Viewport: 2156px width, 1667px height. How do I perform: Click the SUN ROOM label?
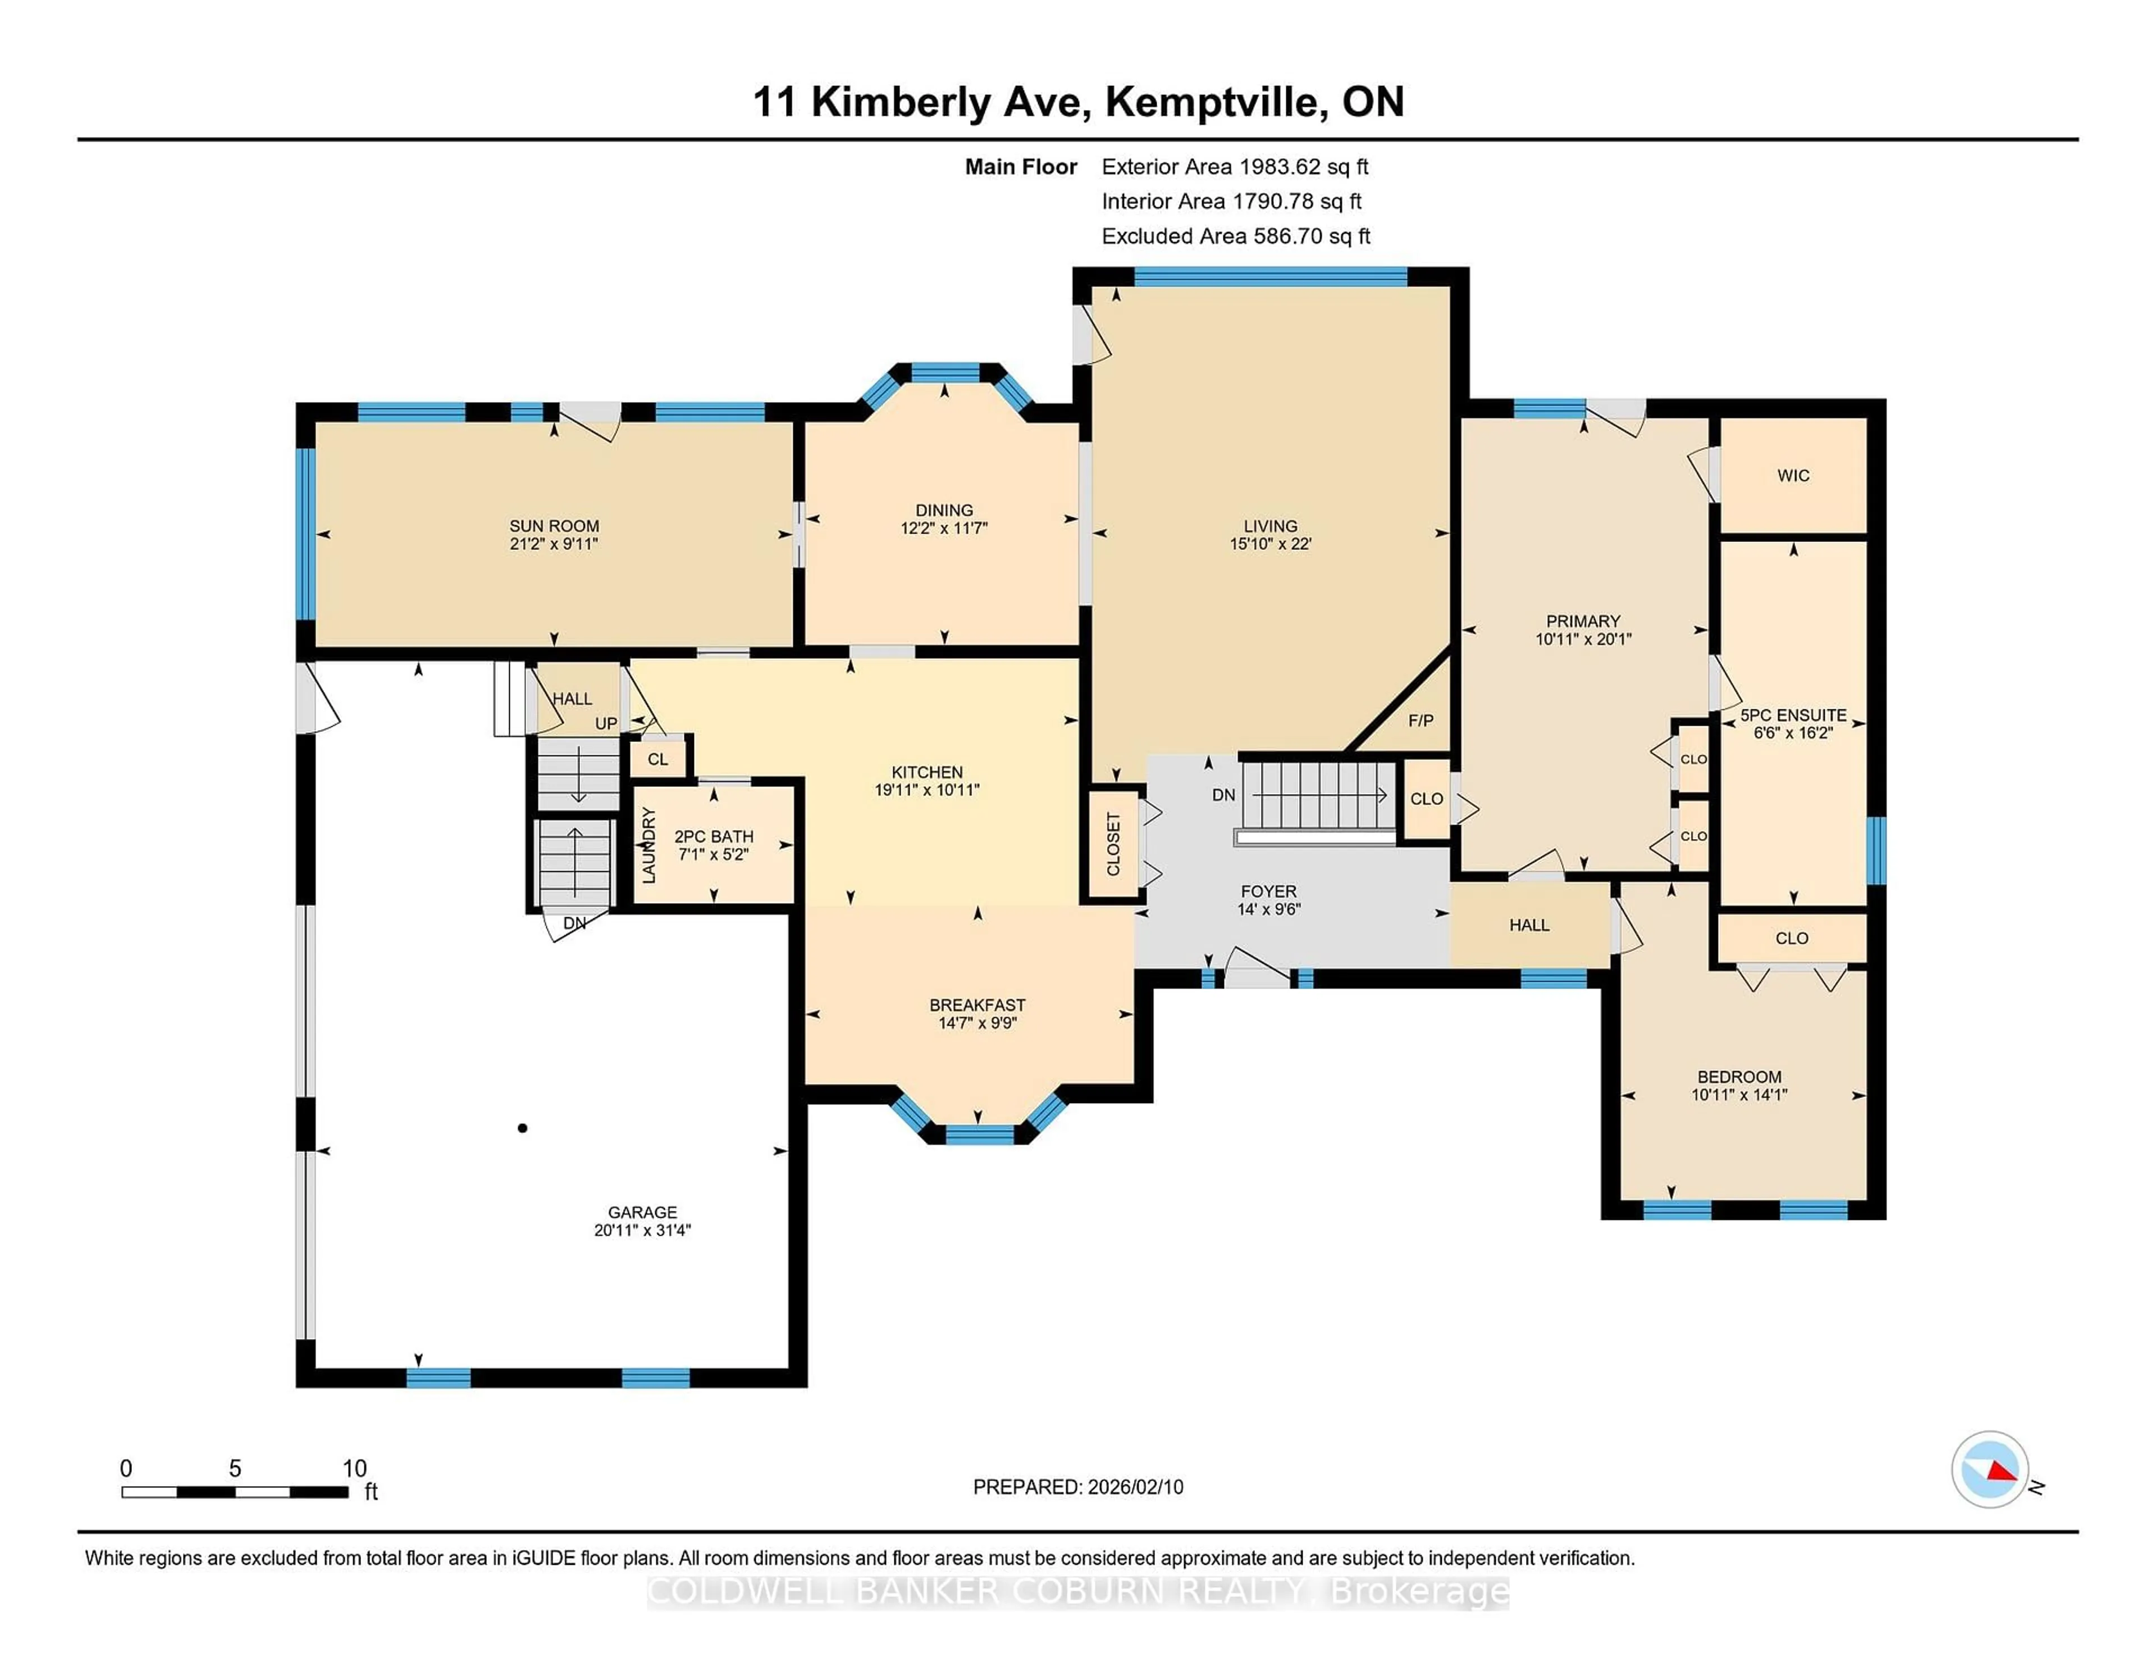coord(554,525)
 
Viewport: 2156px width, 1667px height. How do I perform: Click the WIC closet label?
coord(1793,476)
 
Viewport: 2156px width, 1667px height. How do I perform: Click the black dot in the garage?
coord(522,1128)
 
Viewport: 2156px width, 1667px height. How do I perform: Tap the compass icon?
coord(1989,1469)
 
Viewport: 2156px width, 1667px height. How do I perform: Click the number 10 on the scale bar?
coord(354,1469)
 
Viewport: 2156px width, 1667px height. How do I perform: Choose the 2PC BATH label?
coord(714,836)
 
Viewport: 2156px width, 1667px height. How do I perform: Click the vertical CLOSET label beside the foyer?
coord(1113,844)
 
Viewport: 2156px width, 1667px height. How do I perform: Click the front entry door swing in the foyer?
coord(1257,968)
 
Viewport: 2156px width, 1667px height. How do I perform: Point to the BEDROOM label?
coord(1739,1077)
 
